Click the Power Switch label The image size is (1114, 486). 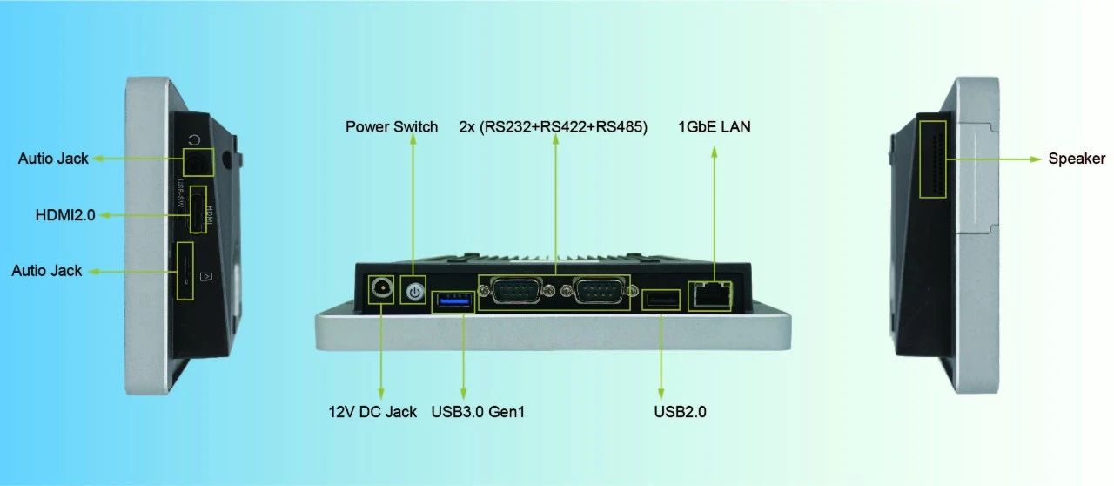click(392, 127)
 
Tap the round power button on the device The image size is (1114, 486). click(414, 292)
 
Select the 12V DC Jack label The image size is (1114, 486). click(372, 411)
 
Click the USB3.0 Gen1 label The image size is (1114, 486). click(478, 411)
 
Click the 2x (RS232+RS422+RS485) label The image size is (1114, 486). click(553, 127)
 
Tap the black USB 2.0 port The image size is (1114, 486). click(661, 300)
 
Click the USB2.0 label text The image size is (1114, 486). click(680, 411)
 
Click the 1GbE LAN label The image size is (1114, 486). click(715, 127)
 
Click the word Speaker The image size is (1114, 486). click(1077, 159)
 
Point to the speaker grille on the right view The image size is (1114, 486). click(934, 159)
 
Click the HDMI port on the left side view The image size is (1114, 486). click(198, 211)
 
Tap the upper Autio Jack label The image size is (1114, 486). click(53, 159)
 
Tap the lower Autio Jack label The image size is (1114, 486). click(47, 271)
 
